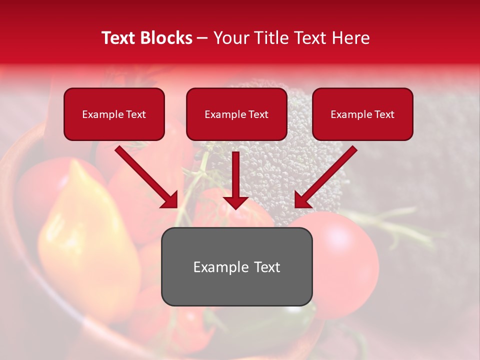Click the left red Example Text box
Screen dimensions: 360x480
(114, 114)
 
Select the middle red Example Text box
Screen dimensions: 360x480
(236, 114)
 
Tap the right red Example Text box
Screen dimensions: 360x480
(362, 114)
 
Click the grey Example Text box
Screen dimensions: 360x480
(236, 266)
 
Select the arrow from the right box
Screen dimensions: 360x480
(325, 177)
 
